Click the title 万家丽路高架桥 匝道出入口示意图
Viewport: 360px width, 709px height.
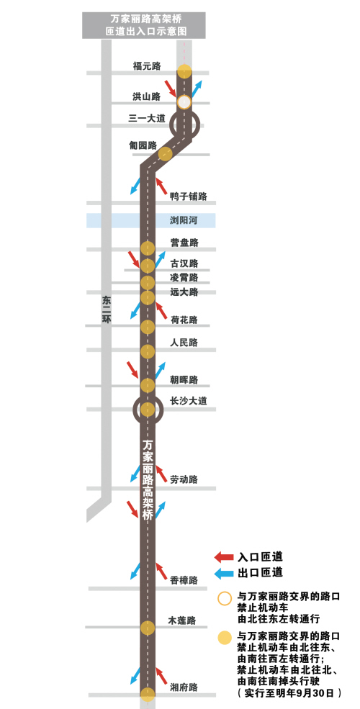click(143, 25)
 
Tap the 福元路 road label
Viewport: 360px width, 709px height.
click(147, 66)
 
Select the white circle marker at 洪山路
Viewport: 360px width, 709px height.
click(184, 102)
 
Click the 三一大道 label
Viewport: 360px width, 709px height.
click(147, 119)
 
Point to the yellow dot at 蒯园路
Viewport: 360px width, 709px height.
click(166, 154)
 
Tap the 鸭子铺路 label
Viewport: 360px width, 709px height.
click(189, 197)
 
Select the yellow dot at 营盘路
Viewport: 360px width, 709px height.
click(148, 249)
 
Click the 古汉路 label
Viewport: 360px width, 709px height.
click(184, 263)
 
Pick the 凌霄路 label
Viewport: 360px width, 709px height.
click(184, 278)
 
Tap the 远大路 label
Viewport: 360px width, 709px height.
click(184, 292)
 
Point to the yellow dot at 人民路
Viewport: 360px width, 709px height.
click(148, 351)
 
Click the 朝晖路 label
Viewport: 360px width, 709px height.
click(184, 380)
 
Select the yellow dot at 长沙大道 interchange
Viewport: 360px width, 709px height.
click(148, 410)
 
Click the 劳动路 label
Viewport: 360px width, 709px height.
click(184, 479)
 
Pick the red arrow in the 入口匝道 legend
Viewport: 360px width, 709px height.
click(223, 557)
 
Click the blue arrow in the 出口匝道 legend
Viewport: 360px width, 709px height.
click(223, 574)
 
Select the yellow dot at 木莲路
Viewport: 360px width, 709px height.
click(148, 628)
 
